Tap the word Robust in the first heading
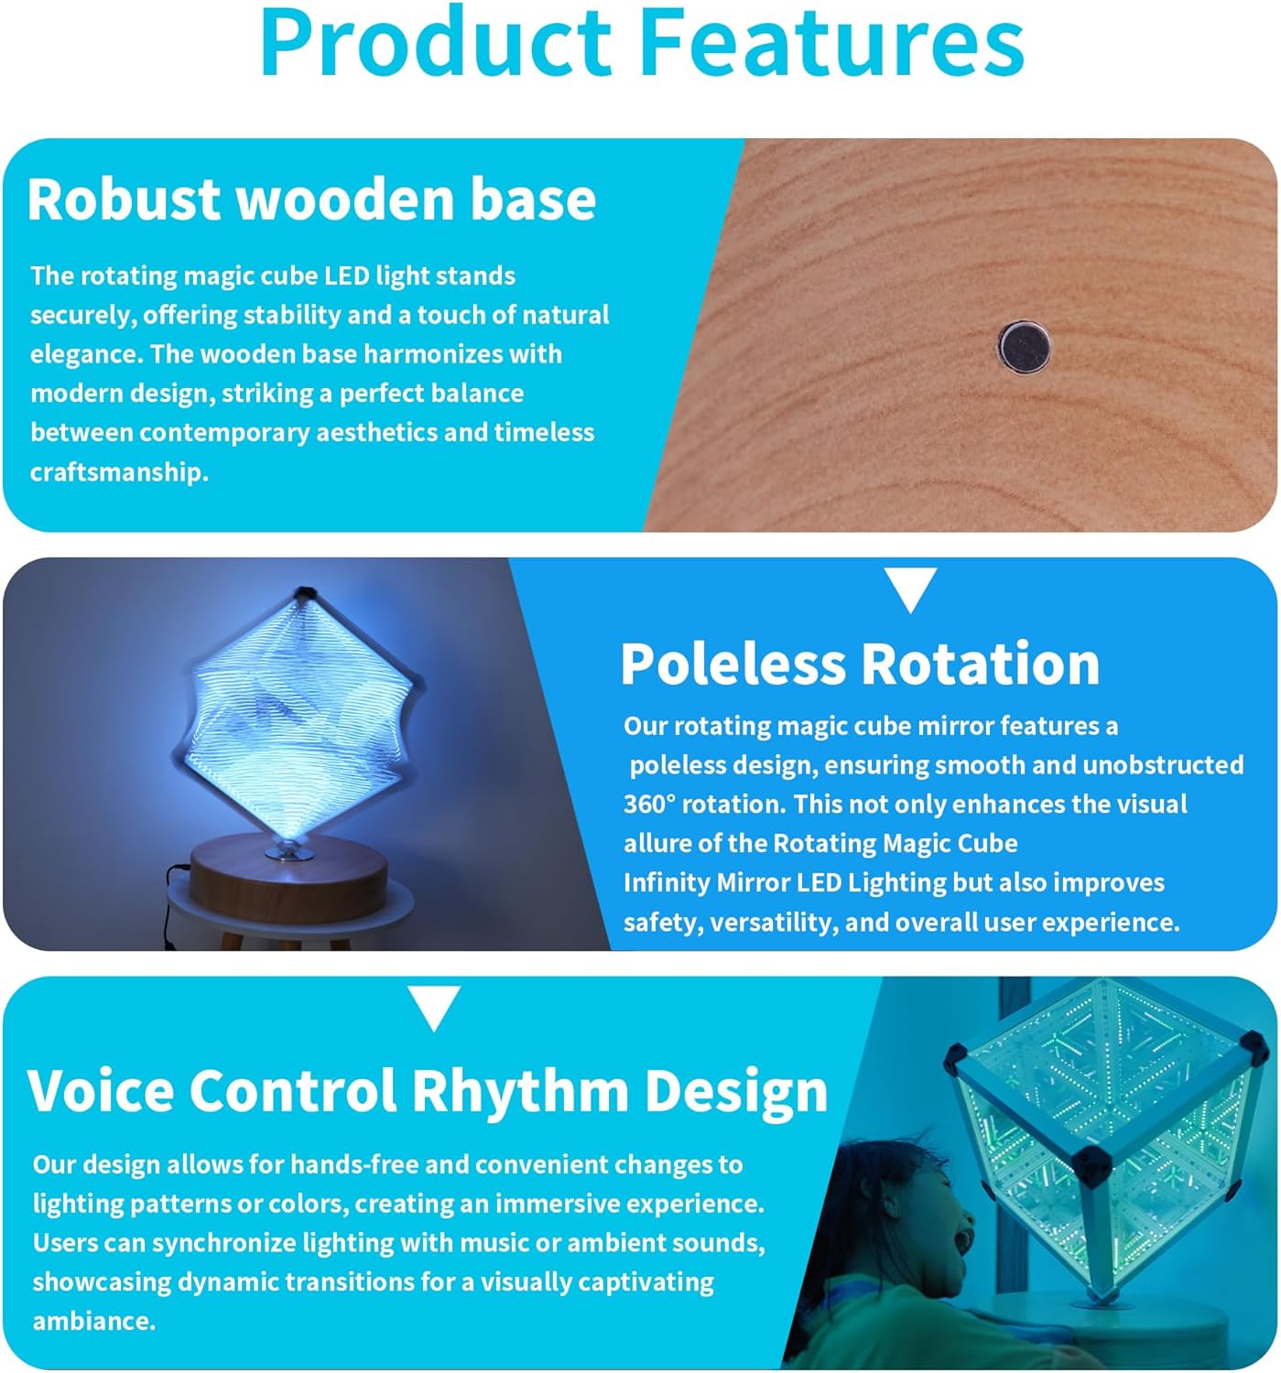123,200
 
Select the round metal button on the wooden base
1024,347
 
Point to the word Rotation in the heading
980,664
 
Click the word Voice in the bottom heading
101,1091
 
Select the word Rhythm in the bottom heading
519,1091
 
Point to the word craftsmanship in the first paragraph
119,473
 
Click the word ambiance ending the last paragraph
94,1321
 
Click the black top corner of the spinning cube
304,593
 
